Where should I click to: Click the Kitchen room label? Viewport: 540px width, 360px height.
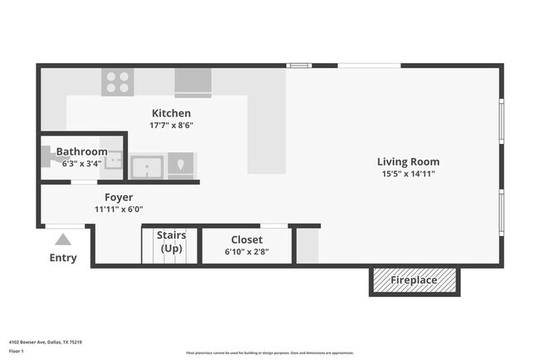point(171,113)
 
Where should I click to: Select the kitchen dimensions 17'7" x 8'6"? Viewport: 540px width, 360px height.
point(171,126)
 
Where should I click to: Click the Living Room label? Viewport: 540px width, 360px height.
point(408,162)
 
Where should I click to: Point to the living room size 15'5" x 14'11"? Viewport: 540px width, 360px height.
point(408,174)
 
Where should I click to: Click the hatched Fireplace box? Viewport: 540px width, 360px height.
point(414,281)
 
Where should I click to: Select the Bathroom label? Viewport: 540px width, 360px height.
point(81,152)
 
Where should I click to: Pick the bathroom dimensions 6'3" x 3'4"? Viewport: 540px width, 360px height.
point(81,163)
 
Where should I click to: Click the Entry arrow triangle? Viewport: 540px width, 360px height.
point(63,239)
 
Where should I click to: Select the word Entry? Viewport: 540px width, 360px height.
point(63,258)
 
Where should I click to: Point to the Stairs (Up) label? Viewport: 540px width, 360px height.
point(171,242)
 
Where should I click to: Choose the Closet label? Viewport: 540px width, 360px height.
point(247,240)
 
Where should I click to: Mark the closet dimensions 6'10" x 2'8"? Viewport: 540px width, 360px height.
point(247,252)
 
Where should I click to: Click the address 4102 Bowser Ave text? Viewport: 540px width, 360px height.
point(45,342)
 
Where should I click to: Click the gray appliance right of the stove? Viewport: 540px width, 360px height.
point(193,83)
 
